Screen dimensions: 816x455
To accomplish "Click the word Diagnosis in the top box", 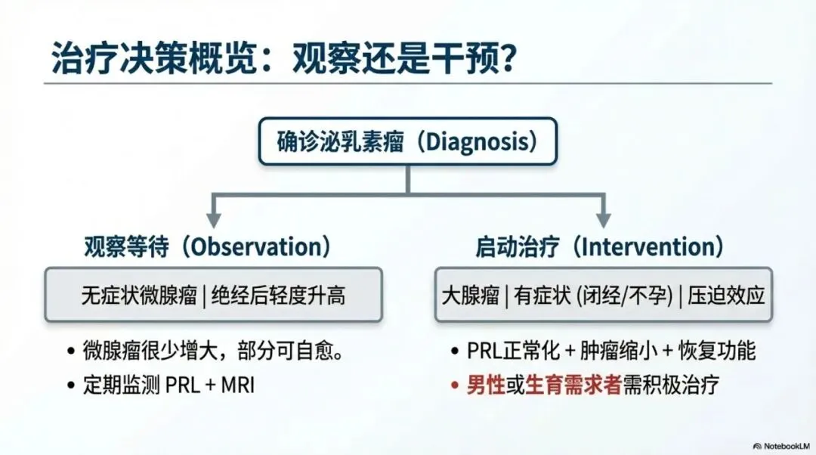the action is click(477, 142).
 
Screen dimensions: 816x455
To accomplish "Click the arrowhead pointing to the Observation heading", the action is click(213, 218).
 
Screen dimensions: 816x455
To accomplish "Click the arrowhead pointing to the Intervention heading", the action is click(603, 218).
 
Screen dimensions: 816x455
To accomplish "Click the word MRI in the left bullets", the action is click(238, 385).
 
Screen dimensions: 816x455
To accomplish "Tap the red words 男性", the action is click(486, 385).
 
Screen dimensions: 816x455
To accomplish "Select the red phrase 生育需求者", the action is click(573, 385).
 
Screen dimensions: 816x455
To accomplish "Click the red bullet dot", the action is click(455, 385).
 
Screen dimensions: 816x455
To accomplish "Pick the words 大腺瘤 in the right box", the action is click(471, 296).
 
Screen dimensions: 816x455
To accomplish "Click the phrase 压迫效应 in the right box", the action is click(727, 296).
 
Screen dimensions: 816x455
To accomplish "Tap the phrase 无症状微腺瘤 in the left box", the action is click(139, 296).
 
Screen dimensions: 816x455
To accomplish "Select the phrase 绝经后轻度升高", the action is click(278, 296).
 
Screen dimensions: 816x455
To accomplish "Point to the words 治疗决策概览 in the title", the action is click(154, 57).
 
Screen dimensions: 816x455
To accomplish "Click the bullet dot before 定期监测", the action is click(71, 385).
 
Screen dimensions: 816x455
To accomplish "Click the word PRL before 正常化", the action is click(484, 351).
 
